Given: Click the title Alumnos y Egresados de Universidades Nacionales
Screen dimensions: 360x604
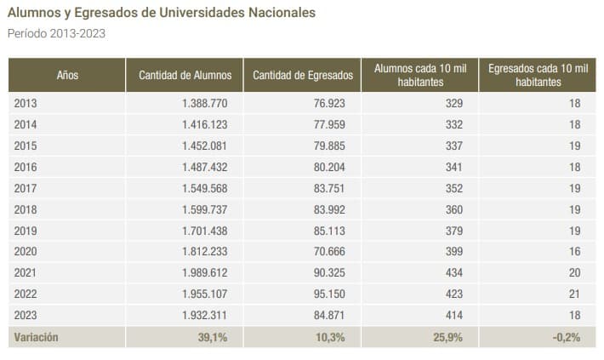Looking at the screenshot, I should coord(161,14).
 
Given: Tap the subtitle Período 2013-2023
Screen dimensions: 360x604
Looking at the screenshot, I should coord(56,34).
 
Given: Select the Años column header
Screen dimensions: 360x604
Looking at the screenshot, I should coord(67,75).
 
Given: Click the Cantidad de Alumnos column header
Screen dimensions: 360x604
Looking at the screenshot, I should coord(185,75).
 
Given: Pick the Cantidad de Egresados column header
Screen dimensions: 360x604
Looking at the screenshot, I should coord(302,75).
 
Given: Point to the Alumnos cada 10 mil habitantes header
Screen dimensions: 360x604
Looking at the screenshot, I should coord(419,75).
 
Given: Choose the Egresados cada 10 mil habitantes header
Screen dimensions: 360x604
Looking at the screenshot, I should coord(538,75).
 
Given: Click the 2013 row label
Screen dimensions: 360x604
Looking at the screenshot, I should coord(26,103).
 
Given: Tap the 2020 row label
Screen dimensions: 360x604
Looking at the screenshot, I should coord(26,252).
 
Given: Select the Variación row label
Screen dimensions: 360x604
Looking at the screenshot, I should coord(36,337).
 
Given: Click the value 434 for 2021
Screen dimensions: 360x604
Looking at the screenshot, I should coord(453,273).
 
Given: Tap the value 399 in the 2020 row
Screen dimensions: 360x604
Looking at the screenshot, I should coord(453,252).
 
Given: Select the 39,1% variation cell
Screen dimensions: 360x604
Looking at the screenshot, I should coord(214,337).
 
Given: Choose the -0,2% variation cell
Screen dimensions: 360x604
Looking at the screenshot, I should coord(565,337).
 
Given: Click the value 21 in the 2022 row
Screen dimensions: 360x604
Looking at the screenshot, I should coord(573,294).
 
